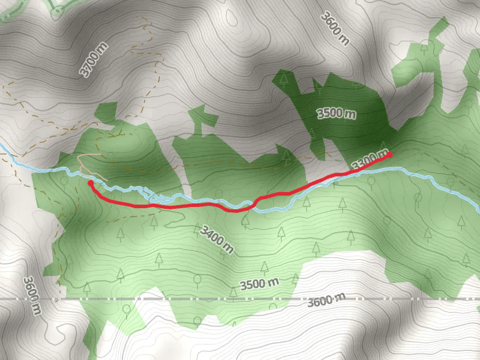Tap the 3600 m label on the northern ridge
click(335, 28)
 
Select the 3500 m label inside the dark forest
click(337, 114)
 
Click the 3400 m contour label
click(217, 238)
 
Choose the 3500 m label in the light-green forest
click(260, 283)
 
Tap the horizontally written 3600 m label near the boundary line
click(326, 300)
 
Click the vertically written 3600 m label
click(32, 295)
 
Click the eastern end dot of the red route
click(389, 155)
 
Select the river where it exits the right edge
click(477, 209)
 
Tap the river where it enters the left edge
click(2, 146)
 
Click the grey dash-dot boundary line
click(180, 298)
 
